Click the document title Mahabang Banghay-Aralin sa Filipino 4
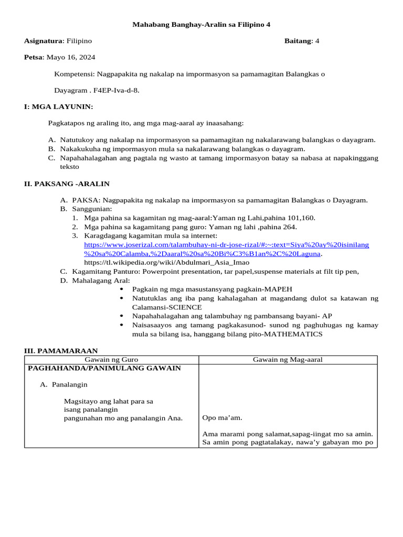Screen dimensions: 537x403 [201, 24]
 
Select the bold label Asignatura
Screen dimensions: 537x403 [44, 41]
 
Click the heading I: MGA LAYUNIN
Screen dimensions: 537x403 [58, 106]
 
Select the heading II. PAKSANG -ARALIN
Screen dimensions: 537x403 [67, 184]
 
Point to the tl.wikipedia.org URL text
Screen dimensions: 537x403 [166, 262]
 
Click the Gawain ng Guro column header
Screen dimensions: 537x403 [111, 359]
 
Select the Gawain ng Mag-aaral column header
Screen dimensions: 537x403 [288, 359]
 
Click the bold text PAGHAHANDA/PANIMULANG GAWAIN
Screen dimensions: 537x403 [104, 368]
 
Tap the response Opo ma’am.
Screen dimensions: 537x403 [222, 418]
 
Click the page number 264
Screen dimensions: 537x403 [289, 227]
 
